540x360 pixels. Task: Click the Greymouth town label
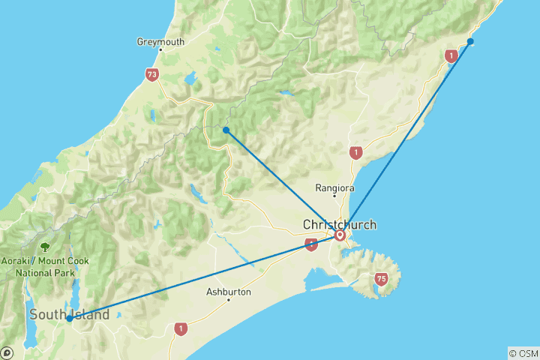160,42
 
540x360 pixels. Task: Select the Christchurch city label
339,224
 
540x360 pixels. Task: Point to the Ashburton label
229,292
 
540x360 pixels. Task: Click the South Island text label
69,315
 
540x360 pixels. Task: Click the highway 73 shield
152,75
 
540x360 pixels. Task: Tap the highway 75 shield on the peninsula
382,279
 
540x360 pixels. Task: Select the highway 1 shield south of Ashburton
180,328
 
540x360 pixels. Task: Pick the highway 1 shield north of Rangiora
355,153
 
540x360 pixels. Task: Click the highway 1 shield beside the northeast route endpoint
451,55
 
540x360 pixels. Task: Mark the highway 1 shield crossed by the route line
311,244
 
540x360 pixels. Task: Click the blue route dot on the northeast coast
470,41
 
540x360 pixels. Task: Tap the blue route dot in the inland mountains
226,130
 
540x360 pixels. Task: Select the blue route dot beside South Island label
69,318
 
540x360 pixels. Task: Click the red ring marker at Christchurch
340,235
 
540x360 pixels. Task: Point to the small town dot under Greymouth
160,50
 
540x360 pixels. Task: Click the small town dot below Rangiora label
334,196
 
